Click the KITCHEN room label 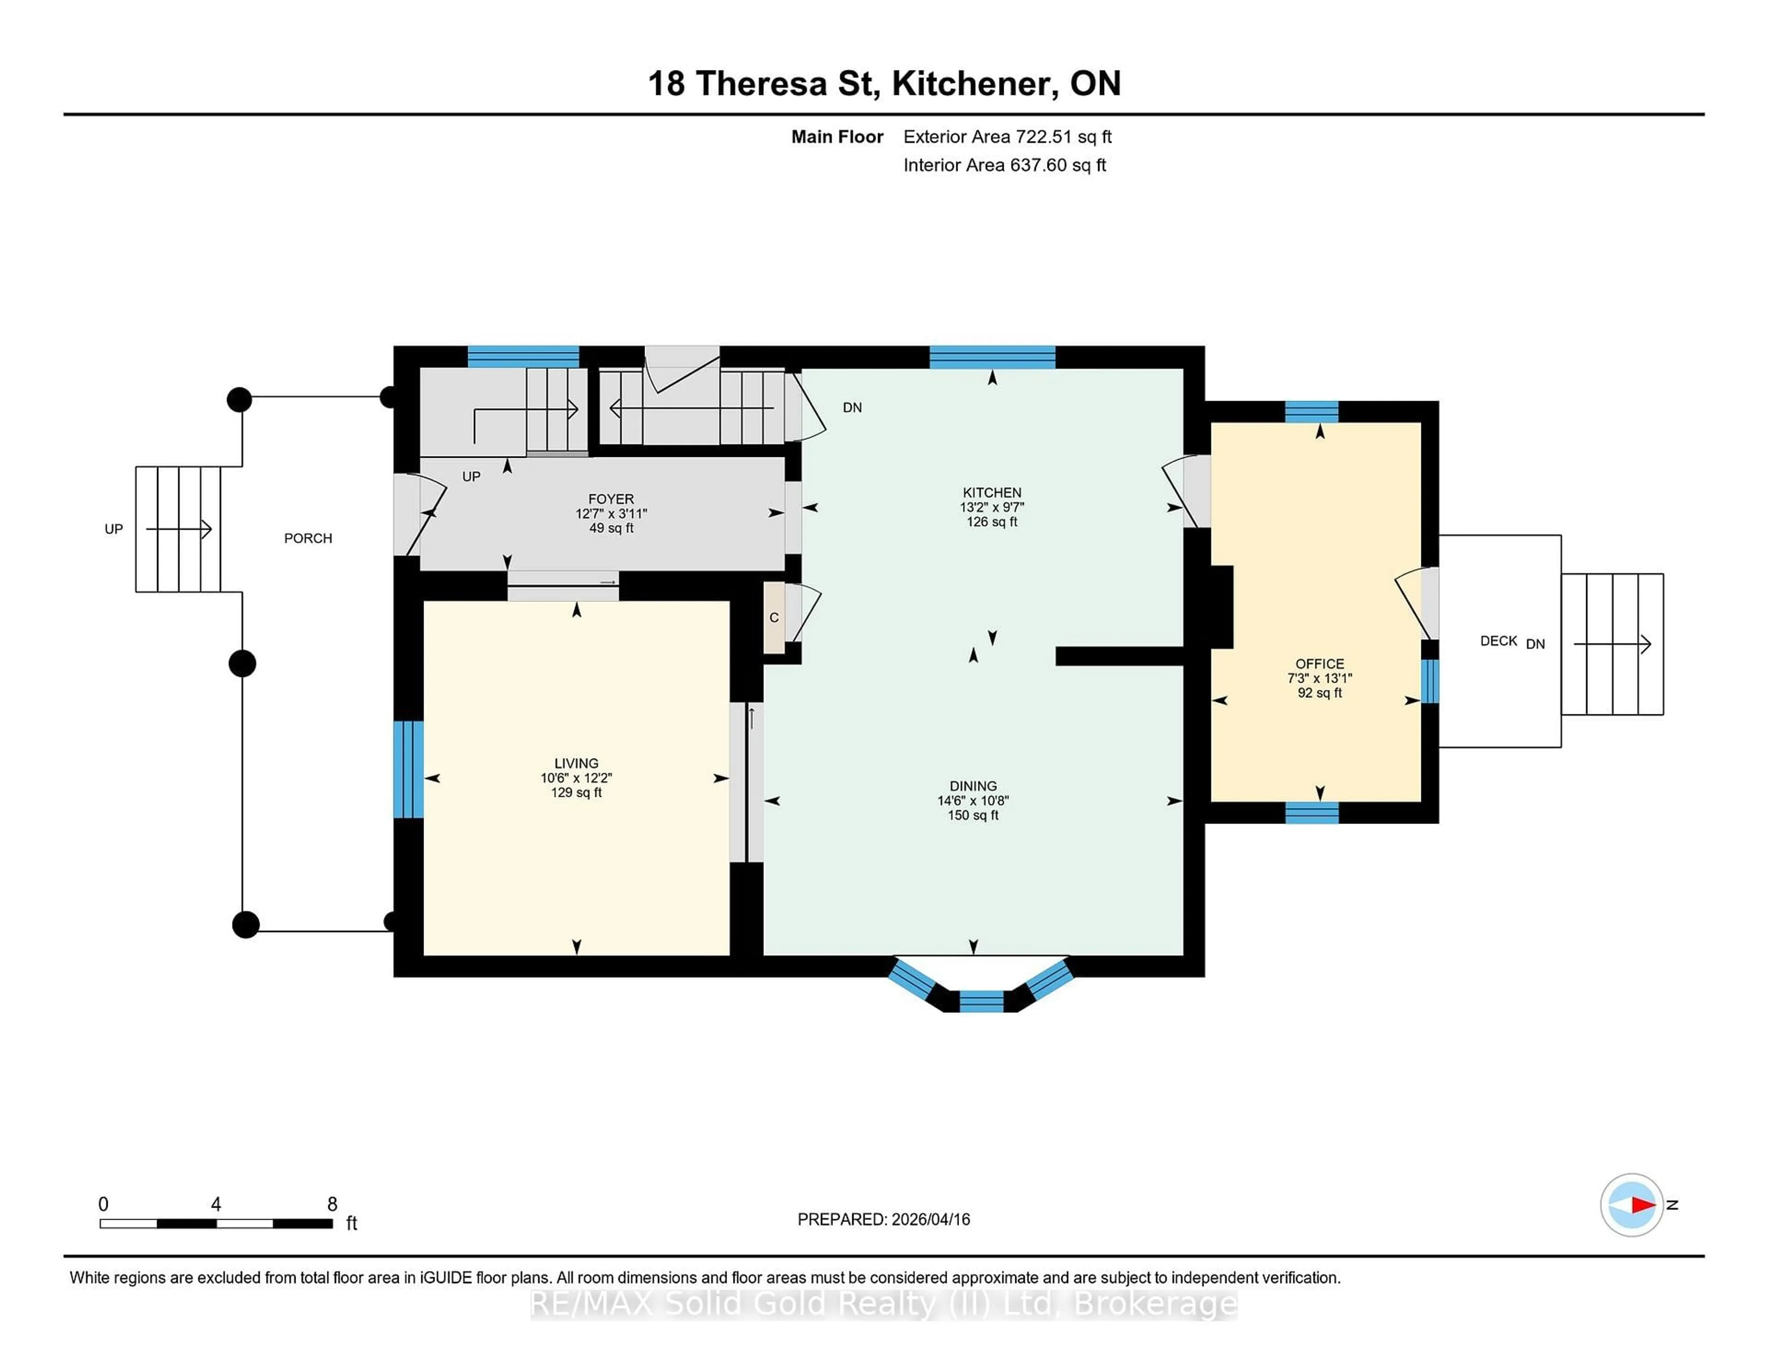tap(992, 492)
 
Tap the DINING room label tap(973, 786)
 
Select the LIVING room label tap(576, 763)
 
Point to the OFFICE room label tap(1320, 663)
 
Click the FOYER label tap(611, 499)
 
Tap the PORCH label tap(308, 538)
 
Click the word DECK tap(1498, 641)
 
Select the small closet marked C tap(774, 618)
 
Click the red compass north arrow tap(1642, 1205)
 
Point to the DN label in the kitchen tap(852, 407)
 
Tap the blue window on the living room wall tap(408, 769)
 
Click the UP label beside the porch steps tap(113, 529)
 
